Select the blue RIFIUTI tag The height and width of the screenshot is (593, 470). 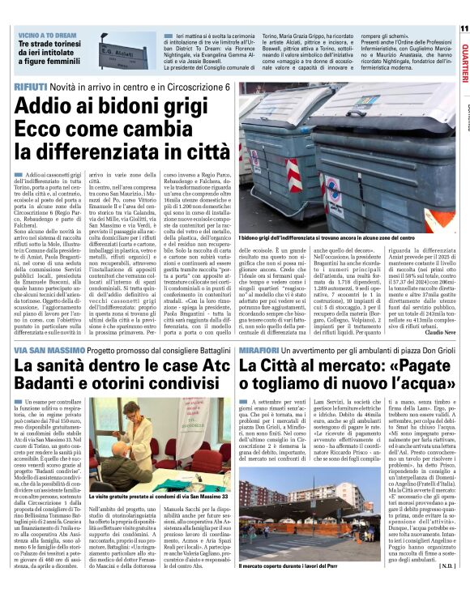[31, 86]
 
